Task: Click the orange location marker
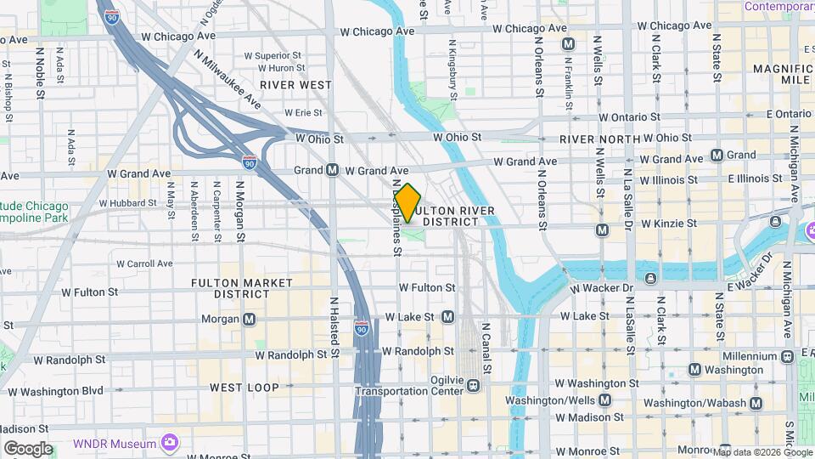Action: (x=407, y=203)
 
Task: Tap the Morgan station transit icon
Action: (x=249, y=320)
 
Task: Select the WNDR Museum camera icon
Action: (x=170, y=442)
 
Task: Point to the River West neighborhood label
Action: (x=295, y=85)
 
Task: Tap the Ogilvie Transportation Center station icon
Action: (x=474, y=386)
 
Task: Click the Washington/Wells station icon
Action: (x=604, y=399)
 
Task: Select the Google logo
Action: (x=28, y=449)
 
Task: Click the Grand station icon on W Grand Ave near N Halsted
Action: (x=333, y=170)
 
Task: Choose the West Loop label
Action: (x=244, y=388)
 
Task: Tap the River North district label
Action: (x=599, y=139)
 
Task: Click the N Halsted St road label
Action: (x=334, y=326)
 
